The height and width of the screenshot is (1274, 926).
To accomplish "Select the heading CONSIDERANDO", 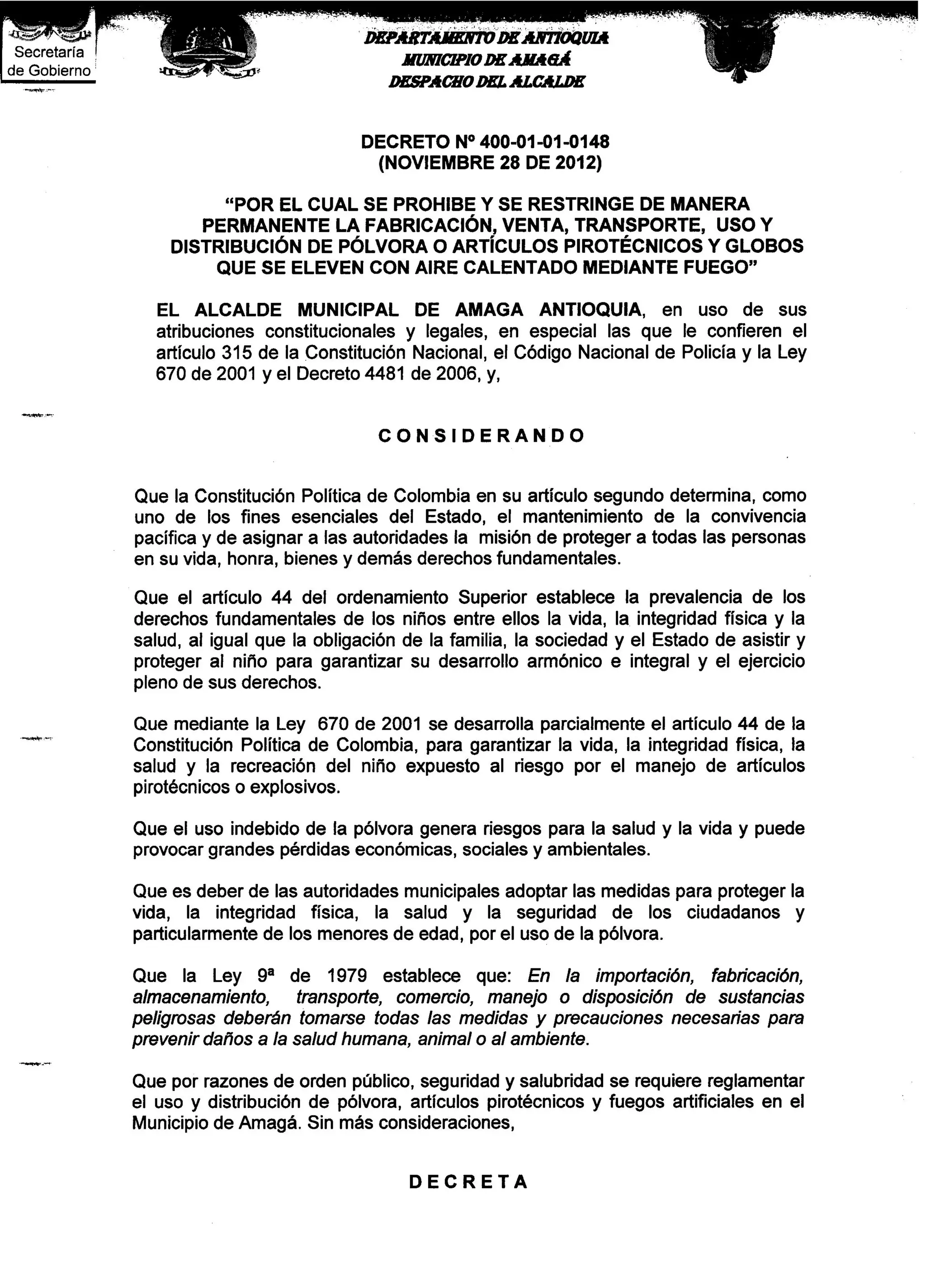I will point(482,436).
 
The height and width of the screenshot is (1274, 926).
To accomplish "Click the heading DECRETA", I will point(468,1198).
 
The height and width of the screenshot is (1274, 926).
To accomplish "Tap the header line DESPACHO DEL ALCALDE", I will point(486,82).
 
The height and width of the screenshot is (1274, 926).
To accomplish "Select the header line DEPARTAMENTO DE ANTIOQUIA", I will point(486,38).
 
